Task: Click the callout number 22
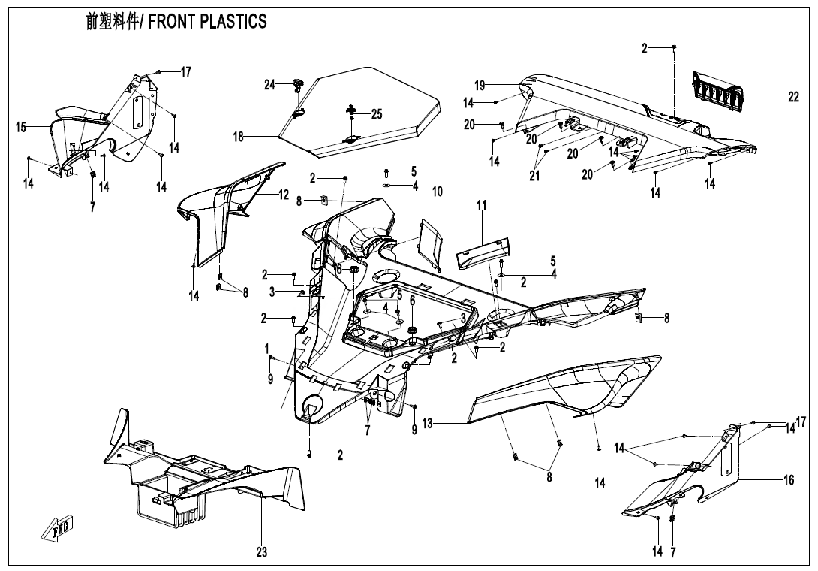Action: pos(793,98)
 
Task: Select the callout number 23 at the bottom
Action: pos(261,552)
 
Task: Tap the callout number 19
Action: pos(480,85)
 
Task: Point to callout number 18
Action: pos(239,137)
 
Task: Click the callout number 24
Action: pos(269,85)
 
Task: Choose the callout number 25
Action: pos(376,114)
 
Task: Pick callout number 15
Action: pos(21,127)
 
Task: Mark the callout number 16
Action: pos(789,480)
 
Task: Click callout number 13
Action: pos(427,424)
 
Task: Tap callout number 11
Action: pos(482,205)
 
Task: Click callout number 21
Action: pos(534,176)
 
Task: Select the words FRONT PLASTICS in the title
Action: pos(207,22)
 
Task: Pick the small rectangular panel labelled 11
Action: pos(481,250)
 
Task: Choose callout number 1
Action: pos(266,349)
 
